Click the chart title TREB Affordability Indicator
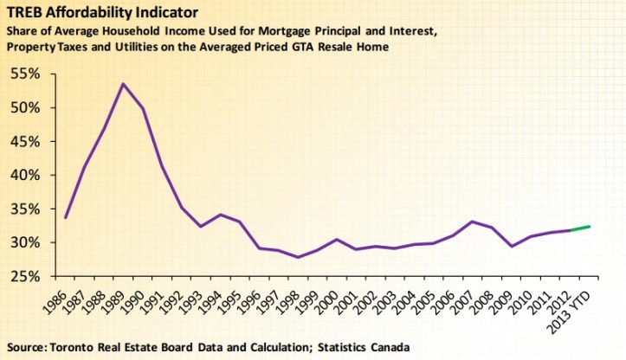click(102, 13)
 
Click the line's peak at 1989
click(123, 84)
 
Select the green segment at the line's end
click(578, 228)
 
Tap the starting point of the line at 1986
click(66, 217)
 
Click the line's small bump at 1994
click(221, 215)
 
